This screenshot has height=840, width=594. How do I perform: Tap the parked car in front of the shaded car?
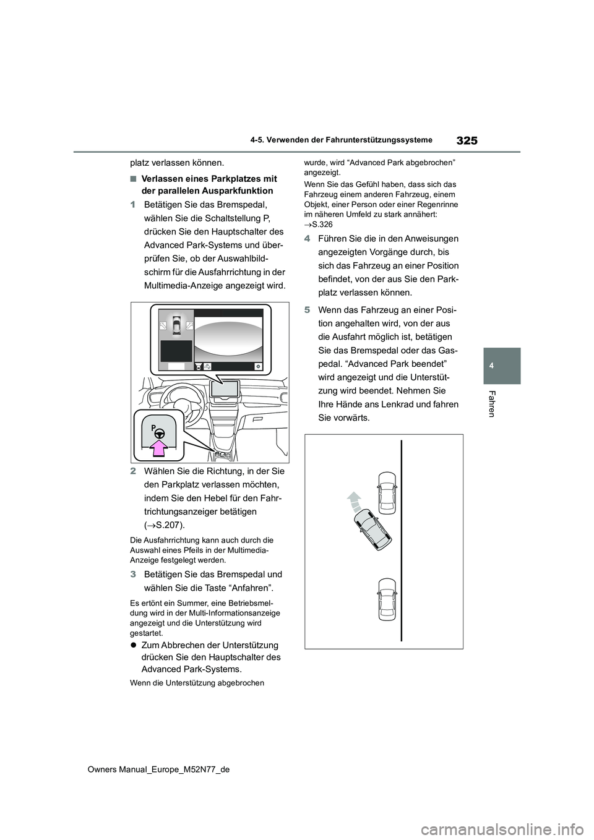tap(387, 492)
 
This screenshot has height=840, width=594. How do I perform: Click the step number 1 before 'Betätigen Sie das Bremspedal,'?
tap(133, 205)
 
